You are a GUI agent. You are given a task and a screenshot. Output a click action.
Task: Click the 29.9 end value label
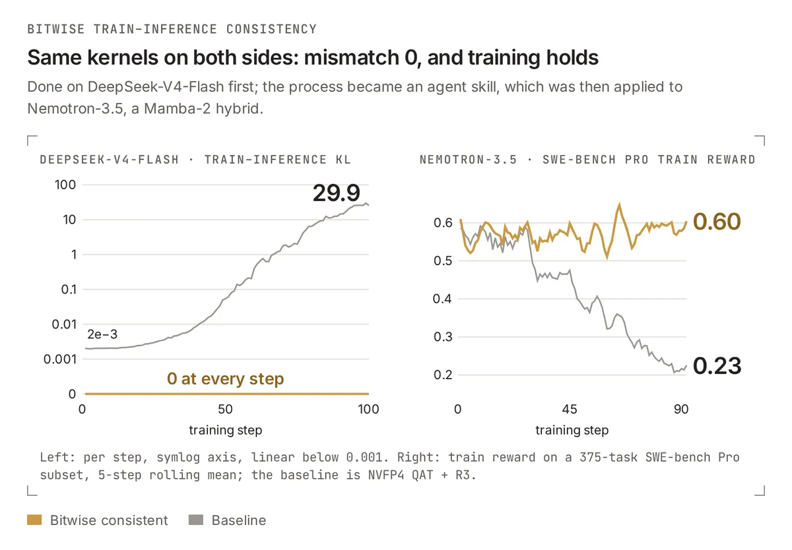click(x=336, y=193)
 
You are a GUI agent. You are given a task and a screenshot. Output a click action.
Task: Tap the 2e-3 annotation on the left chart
click(x=102, y=334)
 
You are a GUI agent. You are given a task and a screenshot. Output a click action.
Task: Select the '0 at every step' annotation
click(x=225, y=379)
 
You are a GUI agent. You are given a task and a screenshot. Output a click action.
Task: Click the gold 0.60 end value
click(x=717, y=222)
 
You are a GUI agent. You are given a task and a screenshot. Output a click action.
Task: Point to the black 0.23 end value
click(x=717, y=366)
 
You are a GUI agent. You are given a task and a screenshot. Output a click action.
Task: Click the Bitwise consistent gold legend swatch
click(x=34, y=520)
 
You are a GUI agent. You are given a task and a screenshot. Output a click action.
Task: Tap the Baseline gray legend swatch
click(x=196, y=520)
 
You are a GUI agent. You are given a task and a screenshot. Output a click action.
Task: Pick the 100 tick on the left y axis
click(x=65, y=185)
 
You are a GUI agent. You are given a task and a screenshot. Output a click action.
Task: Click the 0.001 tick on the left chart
click(x=60, y=359)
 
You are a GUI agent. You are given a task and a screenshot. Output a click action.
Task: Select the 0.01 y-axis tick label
click(x=64, y=324)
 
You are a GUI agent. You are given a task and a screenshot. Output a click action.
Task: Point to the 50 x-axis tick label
click(x=225, y=409)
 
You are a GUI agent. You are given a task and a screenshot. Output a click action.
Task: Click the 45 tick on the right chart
click(x=570, y=409)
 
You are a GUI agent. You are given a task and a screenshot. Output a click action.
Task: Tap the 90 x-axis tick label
click(x=681, y=409)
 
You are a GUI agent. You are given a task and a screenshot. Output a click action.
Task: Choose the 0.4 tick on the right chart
click(x=442, y=299)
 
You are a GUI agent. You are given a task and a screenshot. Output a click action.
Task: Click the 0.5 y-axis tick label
click(x=443, y=260)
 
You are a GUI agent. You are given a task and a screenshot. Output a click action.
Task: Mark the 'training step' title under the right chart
click(x=572, y=430)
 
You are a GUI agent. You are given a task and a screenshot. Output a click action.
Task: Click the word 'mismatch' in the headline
click(x=351, y=57)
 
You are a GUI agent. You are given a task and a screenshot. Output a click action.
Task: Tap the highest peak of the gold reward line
click(x=620, y=204)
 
